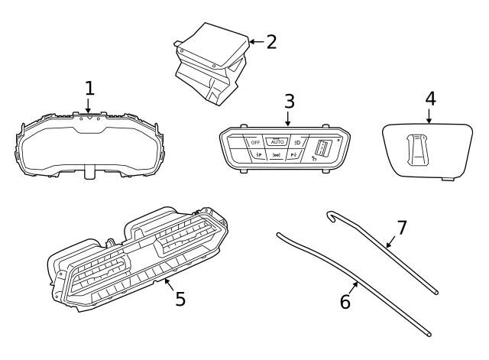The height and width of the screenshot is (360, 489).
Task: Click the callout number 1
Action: click(89, 88)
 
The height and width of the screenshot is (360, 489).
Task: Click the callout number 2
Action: click(271, 41)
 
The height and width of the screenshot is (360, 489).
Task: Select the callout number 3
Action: click(289, 101)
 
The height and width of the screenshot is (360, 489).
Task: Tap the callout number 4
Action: click(430, 99)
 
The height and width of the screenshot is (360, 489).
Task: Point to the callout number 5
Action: click(180, 298)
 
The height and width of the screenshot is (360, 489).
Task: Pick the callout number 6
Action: click(345, 302)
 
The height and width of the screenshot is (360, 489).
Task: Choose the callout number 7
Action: click(402, 228)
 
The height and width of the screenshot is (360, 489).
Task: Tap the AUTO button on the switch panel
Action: click(277, 141)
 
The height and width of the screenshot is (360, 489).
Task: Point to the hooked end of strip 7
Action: click(331, 216)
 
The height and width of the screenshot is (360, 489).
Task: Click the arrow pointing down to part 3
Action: click(288, 118)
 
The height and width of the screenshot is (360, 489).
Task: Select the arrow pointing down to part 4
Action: click(429, 116)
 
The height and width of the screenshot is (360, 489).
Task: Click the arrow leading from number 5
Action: click(170, 287)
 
